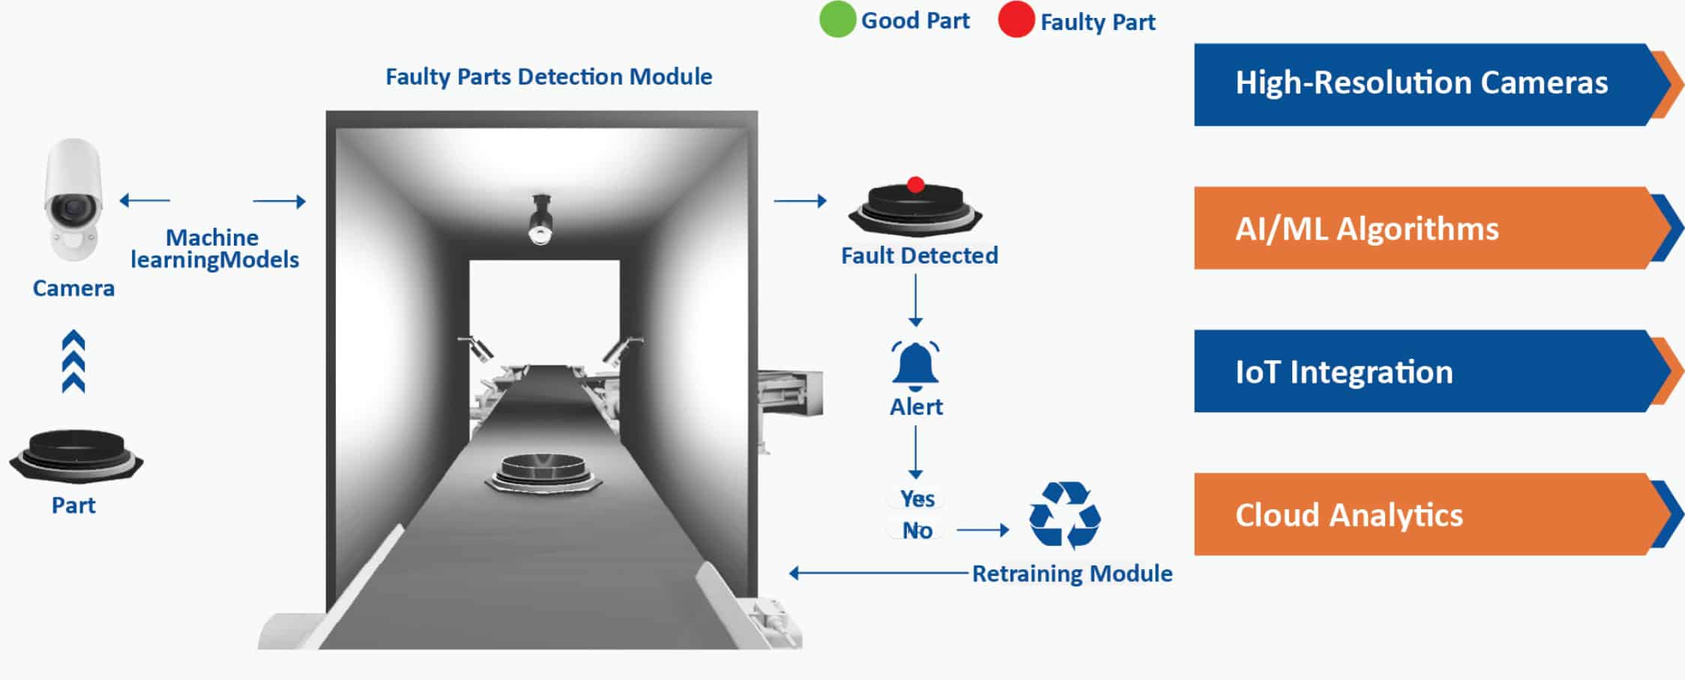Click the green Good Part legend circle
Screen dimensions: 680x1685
pos(837,19)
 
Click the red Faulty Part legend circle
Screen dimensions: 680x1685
pos(1016,19)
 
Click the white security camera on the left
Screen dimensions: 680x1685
pos(73,199)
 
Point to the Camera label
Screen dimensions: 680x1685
pos(73,288)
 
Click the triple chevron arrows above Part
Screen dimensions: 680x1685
pos(73,362)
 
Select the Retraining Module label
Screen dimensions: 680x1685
pos(1072,574)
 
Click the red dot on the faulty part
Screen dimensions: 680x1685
pos(915,184)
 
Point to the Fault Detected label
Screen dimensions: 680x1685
pos(919,256)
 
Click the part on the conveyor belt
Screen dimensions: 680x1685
pos(543,472)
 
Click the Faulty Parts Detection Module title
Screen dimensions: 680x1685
pos(549,77)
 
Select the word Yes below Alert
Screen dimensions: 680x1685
pos(917,499)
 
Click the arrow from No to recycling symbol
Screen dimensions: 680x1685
pos(983,530)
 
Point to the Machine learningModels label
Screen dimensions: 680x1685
pos(214,249)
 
